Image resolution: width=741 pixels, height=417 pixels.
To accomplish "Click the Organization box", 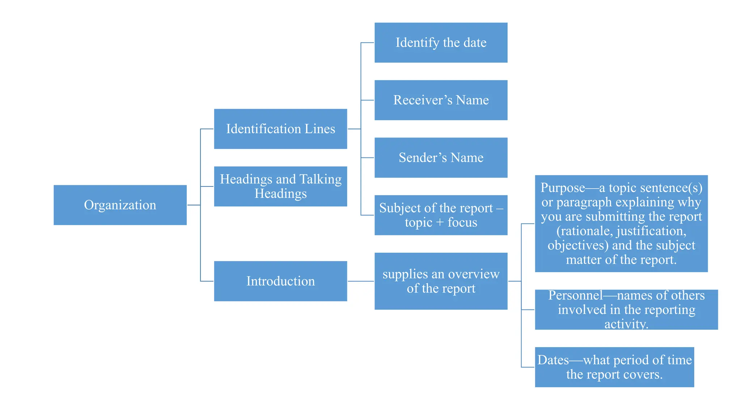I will (120, 205).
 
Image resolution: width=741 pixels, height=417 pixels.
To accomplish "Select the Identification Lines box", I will (280, 129).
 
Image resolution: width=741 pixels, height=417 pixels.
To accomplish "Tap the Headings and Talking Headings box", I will (280, 186).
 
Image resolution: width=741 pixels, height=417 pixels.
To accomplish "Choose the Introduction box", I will (280, 281).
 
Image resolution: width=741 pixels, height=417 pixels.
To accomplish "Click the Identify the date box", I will (441, 43).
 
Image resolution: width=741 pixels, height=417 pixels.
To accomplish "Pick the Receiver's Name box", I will (441, 100).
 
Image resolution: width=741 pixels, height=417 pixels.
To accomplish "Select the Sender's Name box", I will (441, 158).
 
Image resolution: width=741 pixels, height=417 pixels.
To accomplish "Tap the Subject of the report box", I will (441, 215).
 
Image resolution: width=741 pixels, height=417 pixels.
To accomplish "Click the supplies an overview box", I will (441, 281).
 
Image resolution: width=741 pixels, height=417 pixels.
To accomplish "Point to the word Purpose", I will (563, 188).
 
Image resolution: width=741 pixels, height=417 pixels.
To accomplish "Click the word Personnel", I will (575, 295).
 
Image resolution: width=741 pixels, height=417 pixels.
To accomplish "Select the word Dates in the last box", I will (553, 360).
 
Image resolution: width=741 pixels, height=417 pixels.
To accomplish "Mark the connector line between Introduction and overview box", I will (361, 281).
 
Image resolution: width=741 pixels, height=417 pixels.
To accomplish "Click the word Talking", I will (321, 180).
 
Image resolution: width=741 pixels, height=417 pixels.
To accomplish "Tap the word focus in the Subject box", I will (462, 222).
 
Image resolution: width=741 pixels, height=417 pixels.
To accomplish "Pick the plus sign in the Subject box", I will (440, 223).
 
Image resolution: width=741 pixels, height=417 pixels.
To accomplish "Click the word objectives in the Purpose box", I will (578, 245).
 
